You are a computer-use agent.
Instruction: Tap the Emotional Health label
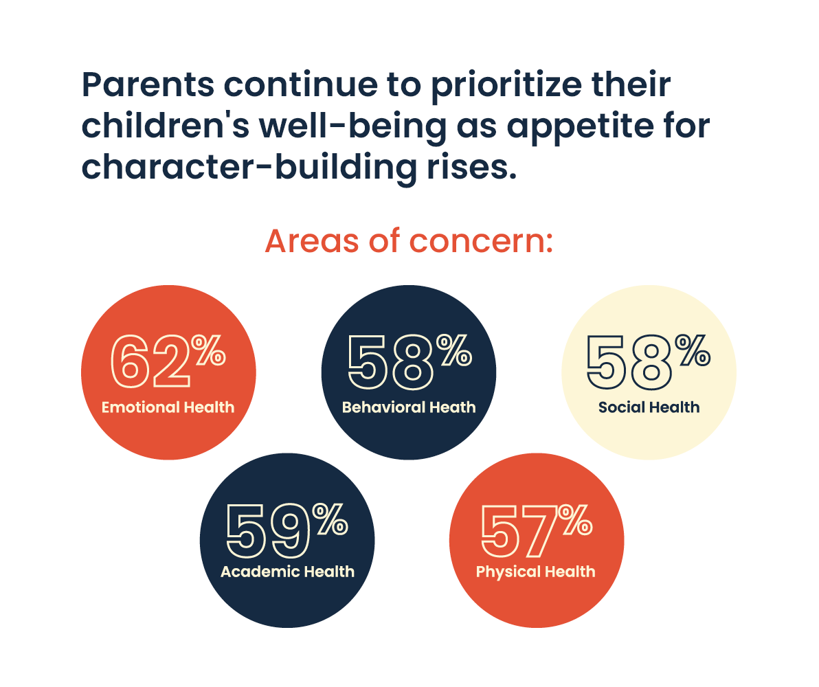(168, 407)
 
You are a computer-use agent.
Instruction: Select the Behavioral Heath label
(409, 407)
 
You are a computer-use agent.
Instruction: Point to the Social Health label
(649, 407)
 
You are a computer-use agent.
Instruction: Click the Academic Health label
(287, 572)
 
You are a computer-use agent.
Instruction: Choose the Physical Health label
(535, 572)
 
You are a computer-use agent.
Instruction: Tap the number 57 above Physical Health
(517, 530)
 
